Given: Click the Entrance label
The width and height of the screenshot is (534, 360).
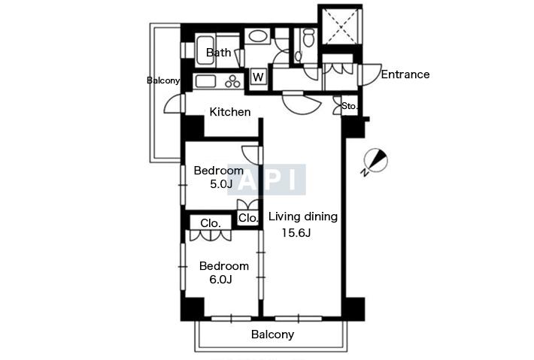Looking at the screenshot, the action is (x=405, y=74).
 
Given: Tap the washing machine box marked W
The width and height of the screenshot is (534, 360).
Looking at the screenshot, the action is (x=258, y=77).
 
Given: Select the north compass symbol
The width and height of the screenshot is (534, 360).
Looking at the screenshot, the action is (x=375, y=161).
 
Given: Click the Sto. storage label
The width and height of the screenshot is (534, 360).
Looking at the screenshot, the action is (x=350, y=106).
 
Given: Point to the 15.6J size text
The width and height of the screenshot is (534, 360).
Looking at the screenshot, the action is (x=296, y=233).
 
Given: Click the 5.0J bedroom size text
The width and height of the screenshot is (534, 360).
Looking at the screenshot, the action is (x=221, y=184).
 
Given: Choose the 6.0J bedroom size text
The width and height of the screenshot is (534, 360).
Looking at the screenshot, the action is (x=220, y=280).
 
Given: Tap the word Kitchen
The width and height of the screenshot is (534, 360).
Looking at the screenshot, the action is (x=230, y=111).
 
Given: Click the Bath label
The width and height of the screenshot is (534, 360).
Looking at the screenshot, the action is (x=218, y=53).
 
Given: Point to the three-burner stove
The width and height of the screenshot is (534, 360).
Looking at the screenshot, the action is (x=232, y=82).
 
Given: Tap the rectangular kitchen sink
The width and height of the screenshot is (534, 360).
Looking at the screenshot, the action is (x=205, y=81).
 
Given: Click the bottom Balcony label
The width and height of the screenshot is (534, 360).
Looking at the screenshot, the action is (x=272, y=334).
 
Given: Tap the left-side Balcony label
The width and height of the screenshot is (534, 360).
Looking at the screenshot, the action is (x=163, y=80).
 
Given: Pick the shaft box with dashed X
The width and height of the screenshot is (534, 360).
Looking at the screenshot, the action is (x=340, y=25).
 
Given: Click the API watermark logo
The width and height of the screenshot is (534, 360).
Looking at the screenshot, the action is (x=266, y=180).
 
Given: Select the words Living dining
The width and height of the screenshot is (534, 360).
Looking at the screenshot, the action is (x=303, y=216).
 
